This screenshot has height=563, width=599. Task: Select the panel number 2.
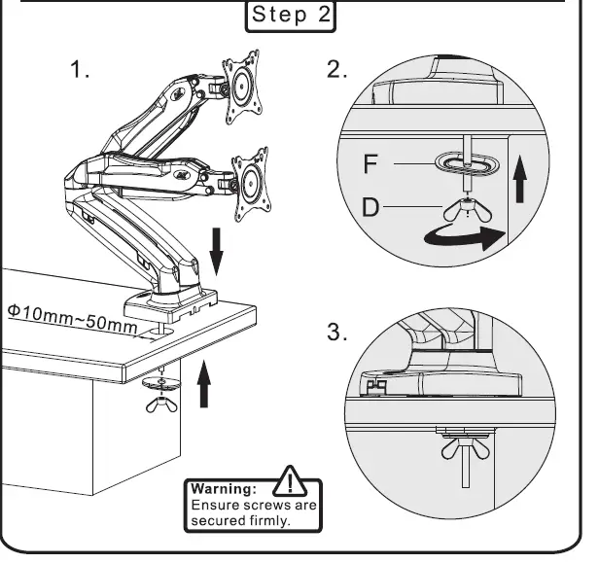pos(336,71)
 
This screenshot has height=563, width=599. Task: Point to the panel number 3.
pos(336,333)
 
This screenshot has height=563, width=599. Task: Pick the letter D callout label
pos(370,206)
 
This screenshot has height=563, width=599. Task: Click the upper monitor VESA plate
pos(243,88)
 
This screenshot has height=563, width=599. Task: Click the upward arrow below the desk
pos(203,381)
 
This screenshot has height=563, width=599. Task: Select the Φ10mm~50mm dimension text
pos(72,317)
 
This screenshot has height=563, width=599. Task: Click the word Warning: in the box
pos(223,488)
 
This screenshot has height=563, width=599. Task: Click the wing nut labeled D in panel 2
pos(469,205)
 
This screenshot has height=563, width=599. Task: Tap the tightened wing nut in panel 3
pos(465,449)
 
